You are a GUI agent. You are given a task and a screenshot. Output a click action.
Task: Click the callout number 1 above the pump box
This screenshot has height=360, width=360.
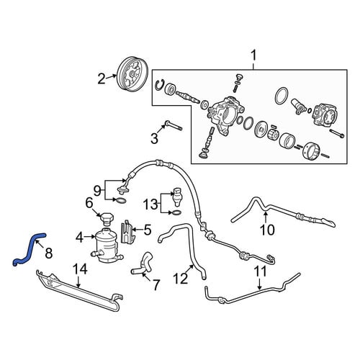pos(253,56)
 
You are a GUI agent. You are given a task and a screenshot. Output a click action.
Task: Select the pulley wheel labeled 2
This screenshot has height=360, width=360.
pos(132,74)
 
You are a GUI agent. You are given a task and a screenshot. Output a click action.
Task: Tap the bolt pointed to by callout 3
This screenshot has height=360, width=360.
pos(174,126)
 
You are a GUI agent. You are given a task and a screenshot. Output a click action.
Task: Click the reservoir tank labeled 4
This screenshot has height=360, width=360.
pos(106,246)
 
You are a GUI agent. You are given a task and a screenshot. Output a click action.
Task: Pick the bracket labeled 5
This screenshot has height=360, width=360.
pos(128,232)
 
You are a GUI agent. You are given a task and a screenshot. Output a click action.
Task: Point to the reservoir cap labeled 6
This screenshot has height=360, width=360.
pos(106,219)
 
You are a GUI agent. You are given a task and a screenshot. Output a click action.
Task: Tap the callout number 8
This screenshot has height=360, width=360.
pos(49,253)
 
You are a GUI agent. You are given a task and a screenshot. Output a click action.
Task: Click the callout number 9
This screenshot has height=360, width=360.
pos(97,191)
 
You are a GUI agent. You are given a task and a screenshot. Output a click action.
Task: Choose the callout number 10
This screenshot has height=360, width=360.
pos(267,230)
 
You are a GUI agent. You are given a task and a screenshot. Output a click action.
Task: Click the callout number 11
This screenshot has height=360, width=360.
pos(260,271)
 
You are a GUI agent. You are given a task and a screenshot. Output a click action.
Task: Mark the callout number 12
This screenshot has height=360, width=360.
pos(181,279)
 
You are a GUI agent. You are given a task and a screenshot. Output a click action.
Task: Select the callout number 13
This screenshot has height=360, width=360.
pos(150,204)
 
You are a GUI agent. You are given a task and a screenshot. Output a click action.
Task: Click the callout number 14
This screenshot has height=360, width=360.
pos(79,269)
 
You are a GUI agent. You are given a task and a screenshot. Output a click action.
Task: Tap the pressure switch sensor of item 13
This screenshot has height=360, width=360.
pos(176,197)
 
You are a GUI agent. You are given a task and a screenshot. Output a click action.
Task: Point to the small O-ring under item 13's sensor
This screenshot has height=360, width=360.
pos(177,212)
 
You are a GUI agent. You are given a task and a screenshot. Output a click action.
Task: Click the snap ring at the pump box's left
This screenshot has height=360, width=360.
pos(159,86)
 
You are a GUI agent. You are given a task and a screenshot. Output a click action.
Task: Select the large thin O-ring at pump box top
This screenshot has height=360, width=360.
pos(282,96)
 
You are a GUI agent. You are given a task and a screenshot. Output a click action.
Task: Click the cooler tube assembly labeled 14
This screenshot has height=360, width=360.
pos(81,290)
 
